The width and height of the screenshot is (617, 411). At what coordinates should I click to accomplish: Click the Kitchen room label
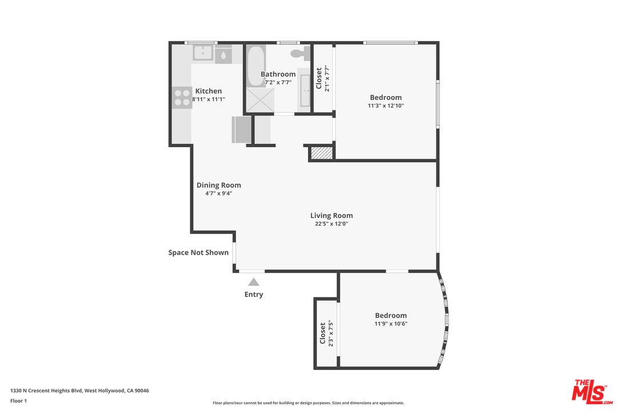[209, 91]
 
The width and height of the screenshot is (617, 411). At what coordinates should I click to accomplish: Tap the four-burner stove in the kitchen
[182, 98]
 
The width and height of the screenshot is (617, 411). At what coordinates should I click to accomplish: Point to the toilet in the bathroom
[301, 54]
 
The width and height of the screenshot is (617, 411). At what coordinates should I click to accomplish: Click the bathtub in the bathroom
[256, 66]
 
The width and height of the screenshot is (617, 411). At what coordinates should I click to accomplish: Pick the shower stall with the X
[260, 100]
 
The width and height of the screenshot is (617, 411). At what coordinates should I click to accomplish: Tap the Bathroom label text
[278, 74]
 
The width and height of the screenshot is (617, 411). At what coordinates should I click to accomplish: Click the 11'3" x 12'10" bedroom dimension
[386, 106]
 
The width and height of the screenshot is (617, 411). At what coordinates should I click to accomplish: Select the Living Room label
[331, 215]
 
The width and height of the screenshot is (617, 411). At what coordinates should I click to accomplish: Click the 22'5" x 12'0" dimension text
[331, 224]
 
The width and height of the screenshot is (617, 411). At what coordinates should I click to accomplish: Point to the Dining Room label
[219, 185]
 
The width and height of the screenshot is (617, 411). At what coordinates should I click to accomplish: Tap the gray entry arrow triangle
[254, 282]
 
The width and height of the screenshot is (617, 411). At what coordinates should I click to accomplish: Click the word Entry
[254, 294]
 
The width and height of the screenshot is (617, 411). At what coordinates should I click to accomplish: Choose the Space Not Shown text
[198, 252]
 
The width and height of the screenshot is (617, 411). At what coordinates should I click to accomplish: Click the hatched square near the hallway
[322, 153]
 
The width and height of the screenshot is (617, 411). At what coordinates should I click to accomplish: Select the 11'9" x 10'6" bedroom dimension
[391, 324]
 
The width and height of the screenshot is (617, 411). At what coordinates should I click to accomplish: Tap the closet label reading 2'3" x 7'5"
[331, 334]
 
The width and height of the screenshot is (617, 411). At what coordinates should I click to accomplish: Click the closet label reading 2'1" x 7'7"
[327, 78]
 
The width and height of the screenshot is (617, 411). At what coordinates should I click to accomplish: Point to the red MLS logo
[592, 392]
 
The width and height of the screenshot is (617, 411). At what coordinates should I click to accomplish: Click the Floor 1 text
[18, 401]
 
